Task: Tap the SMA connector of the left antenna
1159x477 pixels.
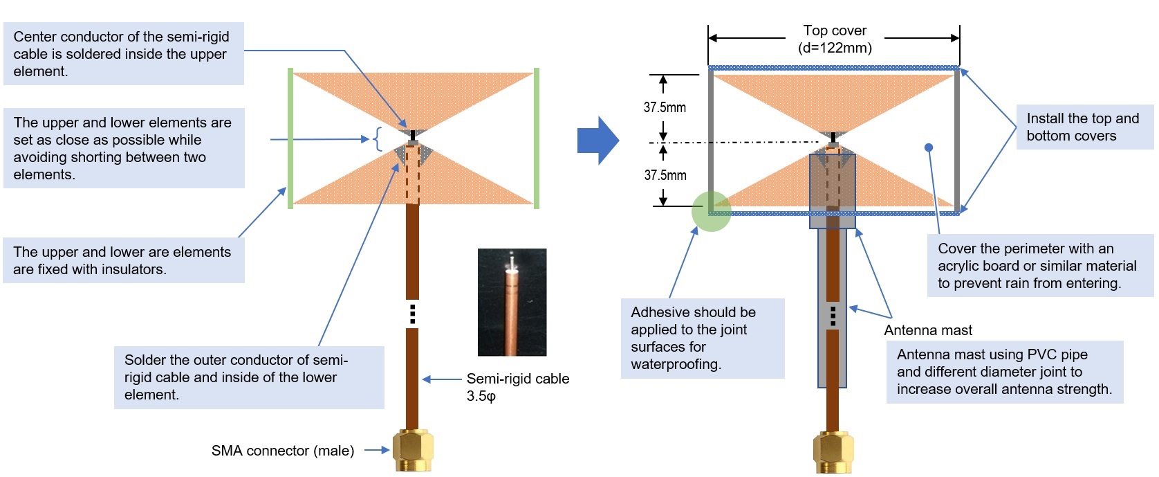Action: [412, 449]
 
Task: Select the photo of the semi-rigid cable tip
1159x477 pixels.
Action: [512, 302]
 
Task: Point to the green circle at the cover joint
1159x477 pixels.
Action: [712, 211]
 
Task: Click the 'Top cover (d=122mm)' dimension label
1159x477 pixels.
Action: [835, 39]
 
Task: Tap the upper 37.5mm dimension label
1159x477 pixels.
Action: [665, 108]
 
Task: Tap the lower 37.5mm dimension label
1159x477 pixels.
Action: [665, 175]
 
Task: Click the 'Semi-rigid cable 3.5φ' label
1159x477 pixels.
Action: [518, 387]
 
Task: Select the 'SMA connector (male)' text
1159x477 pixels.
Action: [283, 451]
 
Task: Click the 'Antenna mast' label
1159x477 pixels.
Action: [928, 330]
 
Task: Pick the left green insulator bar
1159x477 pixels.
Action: [290, 138]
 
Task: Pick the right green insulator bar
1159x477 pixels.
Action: [537, 138]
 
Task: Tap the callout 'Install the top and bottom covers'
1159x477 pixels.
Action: [1085, 127]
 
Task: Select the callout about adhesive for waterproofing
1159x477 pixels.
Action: [703, 339]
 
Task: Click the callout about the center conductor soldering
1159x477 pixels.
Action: [124, 53]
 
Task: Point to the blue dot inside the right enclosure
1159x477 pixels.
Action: [929, 147]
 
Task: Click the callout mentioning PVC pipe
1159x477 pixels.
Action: [1005, 372]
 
